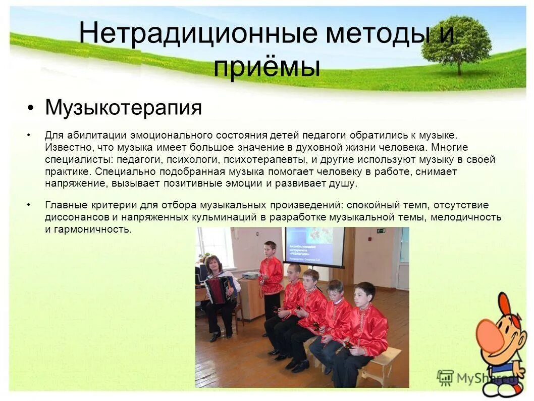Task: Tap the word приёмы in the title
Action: click(x=266, y=67)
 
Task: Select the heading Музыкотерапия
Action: click(x=123, y=107)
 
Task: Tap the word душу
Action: click(x=344, y=184)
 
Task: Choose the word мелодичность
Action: click(x=469, y=217)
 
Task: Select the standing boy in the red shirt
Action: click(x=271, y=276)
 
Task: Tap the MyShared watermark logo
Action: click(x=472, y=377)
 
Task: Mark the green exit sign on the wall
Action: click(x=381, y=232)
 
